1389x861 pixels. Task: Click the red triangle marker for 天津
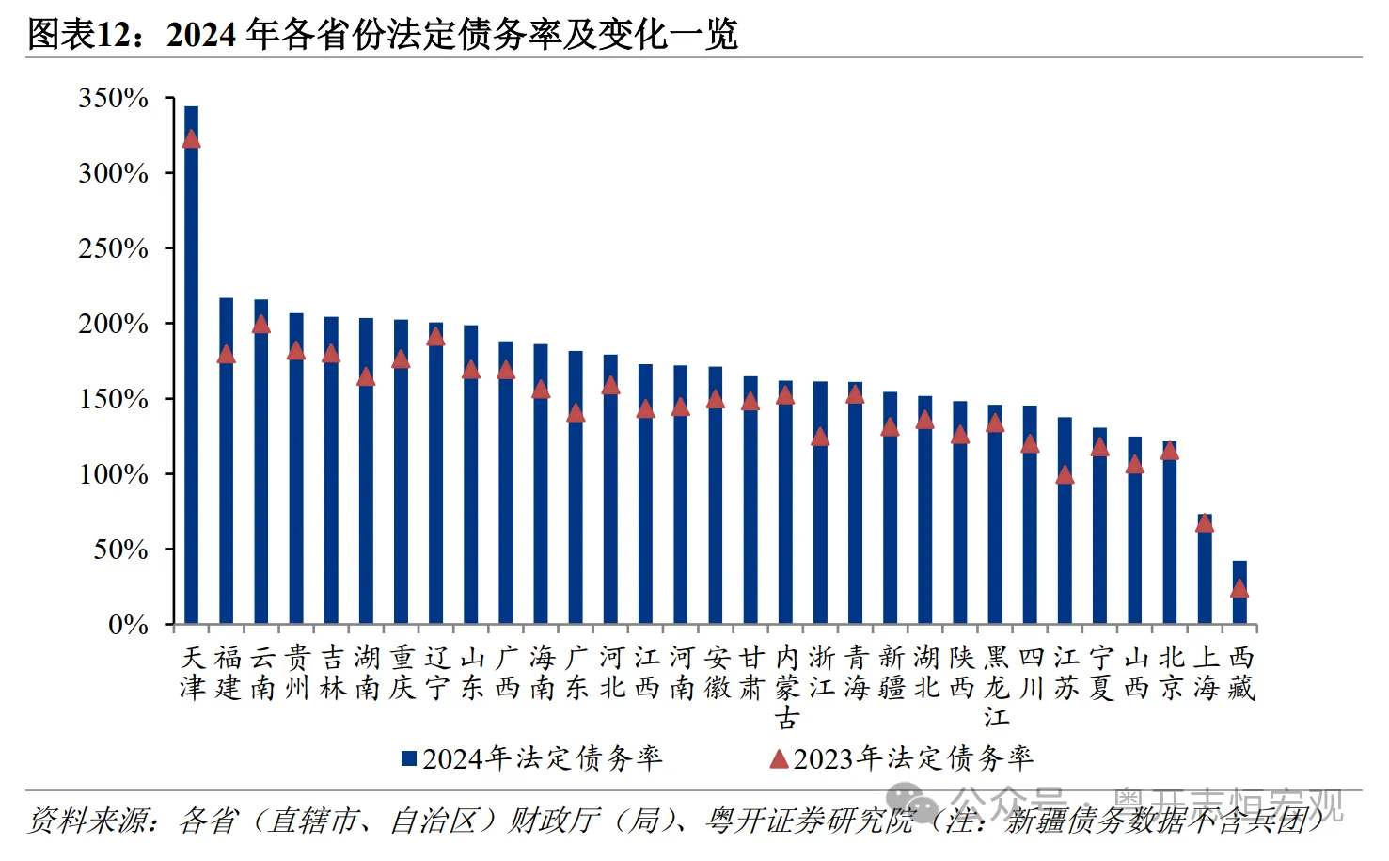(x=191, y=139)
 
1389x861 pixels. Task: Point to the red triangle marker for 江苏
(x=1065, y=474)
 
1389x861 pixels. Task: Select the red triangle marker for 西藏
(x=1239, y=588)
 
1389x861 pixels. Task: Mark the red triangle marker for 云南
(x=261, y=325)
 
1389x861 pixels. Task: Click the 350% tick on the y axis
(x=114, y=98)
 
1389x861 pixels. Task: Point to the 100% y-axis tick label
(x=114, y=474)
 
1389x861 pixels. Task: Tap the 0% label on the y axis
(x=128, y=625)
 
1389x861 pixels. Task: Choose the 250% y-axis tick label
(x=114, y=248)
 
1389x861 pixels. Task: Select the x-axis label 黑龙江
(x=996, y=687)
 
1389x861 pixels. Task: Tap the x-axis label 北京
(x=1171, y=672)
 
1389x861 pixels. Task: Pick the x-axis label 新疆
(x=892, y=672)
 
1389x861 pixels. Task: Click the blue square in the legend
(x=409, y=758)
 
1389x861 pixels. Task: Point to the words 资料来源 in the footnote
(x=88, y=821)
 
